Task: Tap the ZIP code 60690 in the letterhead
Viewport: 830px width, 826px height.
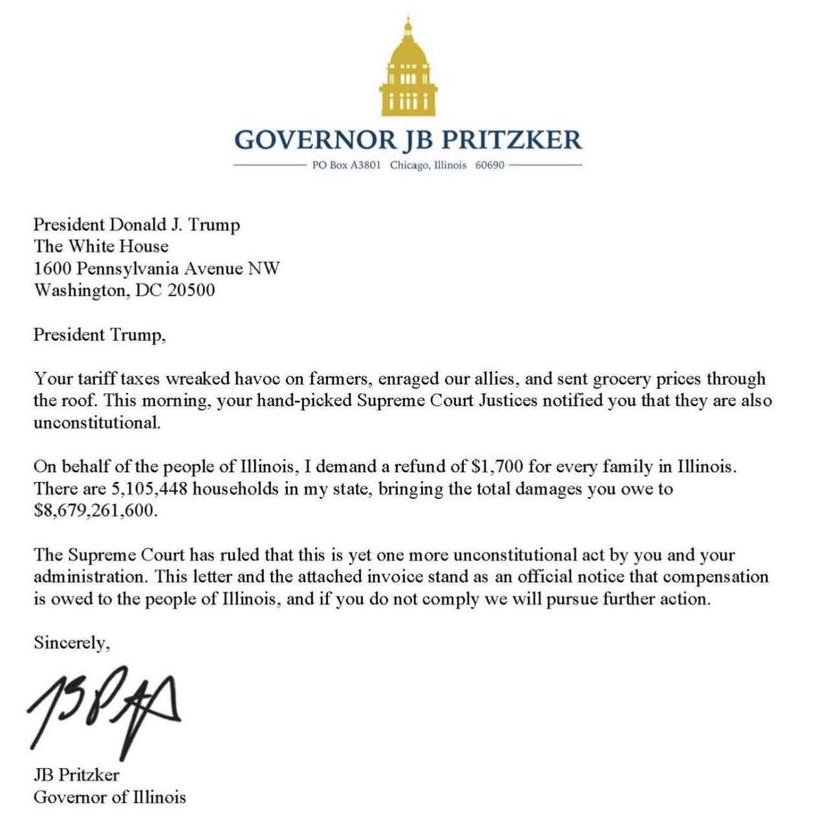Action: coord(489,166)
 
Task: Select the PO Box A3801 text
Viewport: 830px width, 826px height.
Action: coord(346,166)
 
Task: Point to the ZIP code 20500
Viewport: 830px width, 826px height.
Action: coord(191,290)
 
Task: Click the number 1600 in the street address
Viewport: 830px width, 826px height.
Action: coord(53,268)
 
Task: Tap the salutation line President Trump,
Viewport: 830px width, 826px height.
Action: coord(99,334)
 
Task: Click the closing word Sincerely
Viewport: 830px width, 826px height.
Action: coord(71,642)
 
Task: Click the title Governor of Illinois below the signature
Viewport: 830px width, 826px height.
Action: coord(110,796)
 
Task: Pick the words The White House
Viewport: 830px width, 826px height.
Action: coord(101,246)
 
